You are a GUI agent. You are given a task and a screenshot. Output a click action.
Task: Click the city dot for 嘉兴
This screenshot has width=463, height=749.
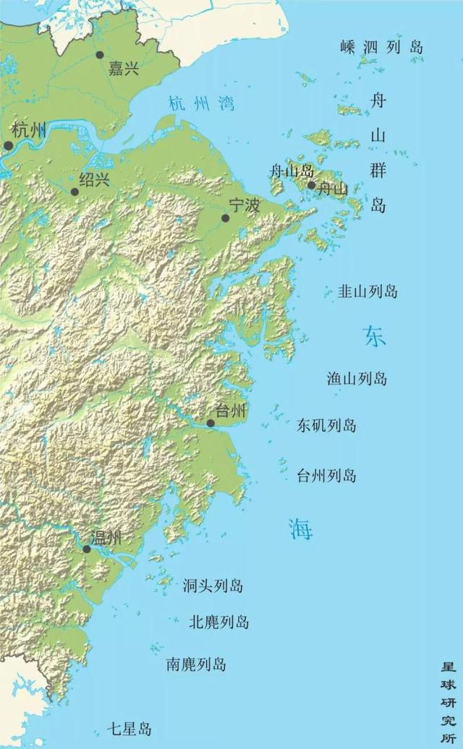[x=100, y=54]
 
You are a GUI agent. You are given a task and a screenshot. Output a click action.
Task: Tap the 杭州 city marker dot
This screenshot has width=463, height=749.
[x=9, y=145]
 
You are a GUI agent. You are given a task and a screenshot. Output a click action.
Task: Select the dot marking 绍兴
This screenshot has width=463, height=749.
[x=75, y=192]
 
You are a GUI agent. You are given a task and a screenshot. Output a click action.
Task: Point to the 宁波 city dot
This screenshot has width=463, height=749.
[x=225, y=218]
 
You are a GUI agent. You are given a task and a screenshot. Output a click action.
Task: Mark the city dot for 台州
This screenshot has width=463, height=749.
[x=210, y=423]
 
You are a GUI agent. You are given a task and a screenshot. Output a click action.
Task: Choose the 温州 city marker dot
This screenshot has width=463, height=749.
[x=87, y=549]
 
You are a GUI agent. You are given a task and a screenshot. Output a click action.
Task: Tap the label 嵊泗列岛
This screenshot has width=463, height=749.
[x=381, y=48]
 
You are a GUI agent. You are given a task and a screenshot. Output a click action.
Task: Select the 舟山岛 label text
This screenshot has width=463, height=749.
[x=292, y=171]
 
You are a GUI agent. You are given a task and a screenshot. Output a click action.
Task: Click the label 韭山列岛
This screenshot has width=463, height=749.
[x=368, y=292]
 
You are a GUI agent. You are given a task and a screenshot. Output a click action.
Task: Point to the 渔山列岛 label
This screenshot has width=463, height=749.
[x=357, y=378]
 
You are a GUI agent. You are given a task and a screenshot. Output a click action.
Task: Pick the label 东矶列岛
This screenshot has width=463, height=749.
[x=326, y=425]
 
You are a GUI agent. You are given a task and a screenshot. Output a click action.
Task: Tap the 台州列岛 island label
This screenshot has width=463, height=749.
[x=326, y=476]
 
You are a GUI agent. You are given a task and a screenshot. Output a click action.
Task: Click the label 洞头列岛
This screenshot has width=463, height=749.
[x=213, y=586]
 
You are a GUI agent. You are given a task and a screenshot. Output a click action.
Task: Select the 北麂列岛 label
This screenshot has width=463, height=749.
[x=218, y=622]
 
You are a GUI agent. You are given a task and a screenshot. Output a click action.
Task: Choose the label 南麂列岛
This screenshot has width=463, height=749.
[x=196, y=664]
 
